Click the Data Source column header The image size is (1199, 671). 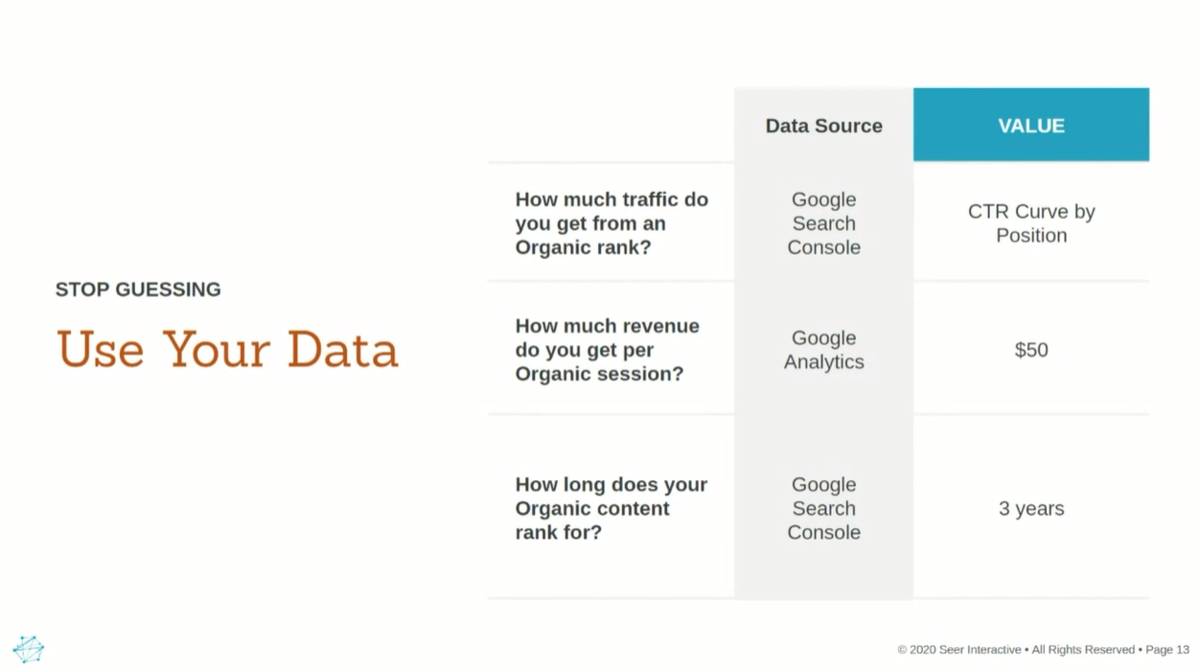click(x=824, y=126)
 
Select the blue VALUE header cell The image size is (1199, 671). click(x=1031, y=125)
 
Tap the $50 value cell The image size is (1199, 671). click(x=1031, y=350)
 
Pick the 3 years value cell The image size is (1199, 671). click(x=1031, y=508)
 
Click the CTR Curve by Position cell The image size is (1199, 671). click(x=1031, y=223)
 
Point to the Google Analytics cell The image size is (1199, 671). click(x=824, y=350)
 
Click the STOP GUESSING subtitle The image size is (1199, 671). click(x=138, y=289)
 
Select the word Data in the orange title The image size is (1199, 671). click(x=342, y=350)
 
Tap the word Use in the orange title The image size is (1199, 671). click(x=100, y=350)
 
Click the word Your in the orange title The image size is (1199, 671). click(x=216, y=350)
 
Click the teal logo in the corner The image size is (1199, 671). click(x=29, y=649)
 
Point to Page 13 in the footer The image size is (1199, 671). click(x=1166, y=650)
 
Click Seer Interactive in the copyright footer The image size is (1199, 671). click(x=980, y=650)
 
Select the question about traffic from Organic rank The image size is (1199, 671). click(x=611, y=223)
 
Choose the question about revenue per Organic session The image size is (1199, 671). click(x=607, y=350)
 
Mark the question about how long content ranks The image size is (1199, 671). click(x=611, y=508)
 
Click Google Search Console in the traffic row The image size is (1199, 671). click(x=824, y=223)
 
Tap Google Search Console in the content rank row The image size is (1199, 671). click(x=824, y=508)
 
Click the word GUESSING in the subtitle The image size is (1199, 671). click(x=168, y=289)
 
